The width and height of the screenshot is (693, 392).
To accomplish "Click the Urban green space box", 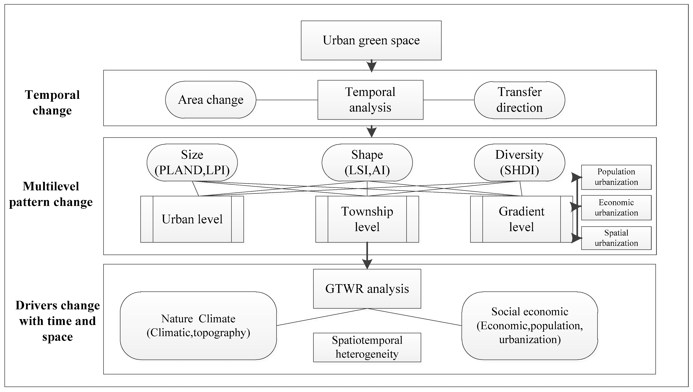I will click(371, 40).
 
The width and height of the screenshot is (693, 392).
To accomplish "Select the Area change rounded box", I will click(211, 100).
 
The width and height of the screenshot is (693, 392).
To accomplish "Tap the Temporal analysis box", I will click(370, 100).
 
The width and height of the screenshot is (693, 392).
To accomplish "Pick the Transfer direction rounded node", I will click(519, 100).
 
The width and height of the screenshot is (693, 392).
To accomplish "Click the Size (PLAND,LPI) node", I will click(192, 162).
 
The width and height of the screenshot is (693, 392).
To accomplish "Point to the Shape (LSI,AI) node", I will click(367, 162).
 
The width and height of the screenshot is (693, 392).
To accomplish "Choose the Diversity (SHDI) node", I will click(519, 162).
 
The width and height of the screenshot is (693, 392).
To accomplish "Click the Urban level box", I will click(192, 219).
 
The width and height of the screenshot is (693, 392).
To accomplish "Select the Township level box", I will click(367, 219).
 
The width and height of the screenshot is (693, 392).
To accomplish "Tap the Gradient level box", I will click(521, 219).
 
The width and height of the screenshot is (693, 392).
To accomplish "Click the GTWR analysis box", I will click(367, 289).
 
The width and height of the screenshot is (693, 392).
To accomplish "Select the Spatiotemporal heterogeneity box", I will click(367, 347).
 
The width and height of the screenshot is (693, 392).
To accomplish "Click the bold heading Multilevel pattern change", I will click(51, 194).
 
